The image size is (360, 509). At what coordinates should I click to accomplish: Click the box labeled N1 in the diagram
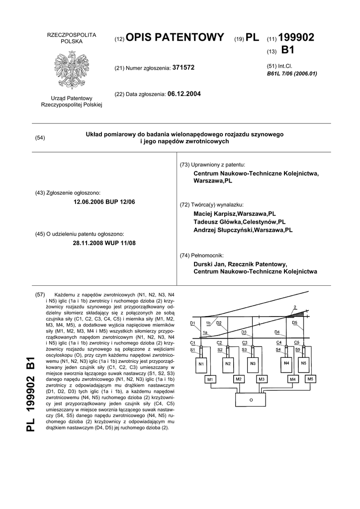(x=201, y=364)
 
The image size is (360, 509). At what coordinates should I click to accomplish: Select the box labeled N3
(x=253, y=364)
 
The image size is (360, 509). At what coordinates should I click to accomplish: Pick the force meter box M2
(x=238, y=379)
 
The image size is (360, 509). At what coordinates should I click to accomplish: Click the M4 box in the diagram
(x=293, y=380)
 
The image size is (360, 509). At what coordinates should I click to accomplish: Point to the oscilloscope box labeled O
(x=251, y=399)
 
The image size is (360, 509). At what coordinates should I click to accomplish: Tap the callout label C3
(x=245, y=342)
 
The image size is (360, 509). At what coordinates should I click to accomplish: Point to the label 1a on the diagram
(x=205, y=332)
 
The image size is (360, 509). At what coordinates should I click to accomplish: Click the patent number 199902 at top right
(x=297, y=37)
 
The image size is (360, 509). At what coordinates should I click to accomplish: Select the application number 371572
(x=183, y=67)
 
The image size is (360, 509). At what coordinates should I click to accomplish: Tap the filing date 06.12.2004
(x=184, y=93)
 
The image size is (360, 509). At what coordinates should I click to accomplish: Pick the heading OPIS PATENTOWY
(x=176, y=37)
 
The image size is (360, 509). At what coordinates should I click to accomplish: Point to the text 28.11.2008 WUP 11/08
(x=104, y=243)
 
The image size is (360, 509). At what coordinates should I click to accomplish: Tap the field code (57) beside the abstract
(x=40, y=295)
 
